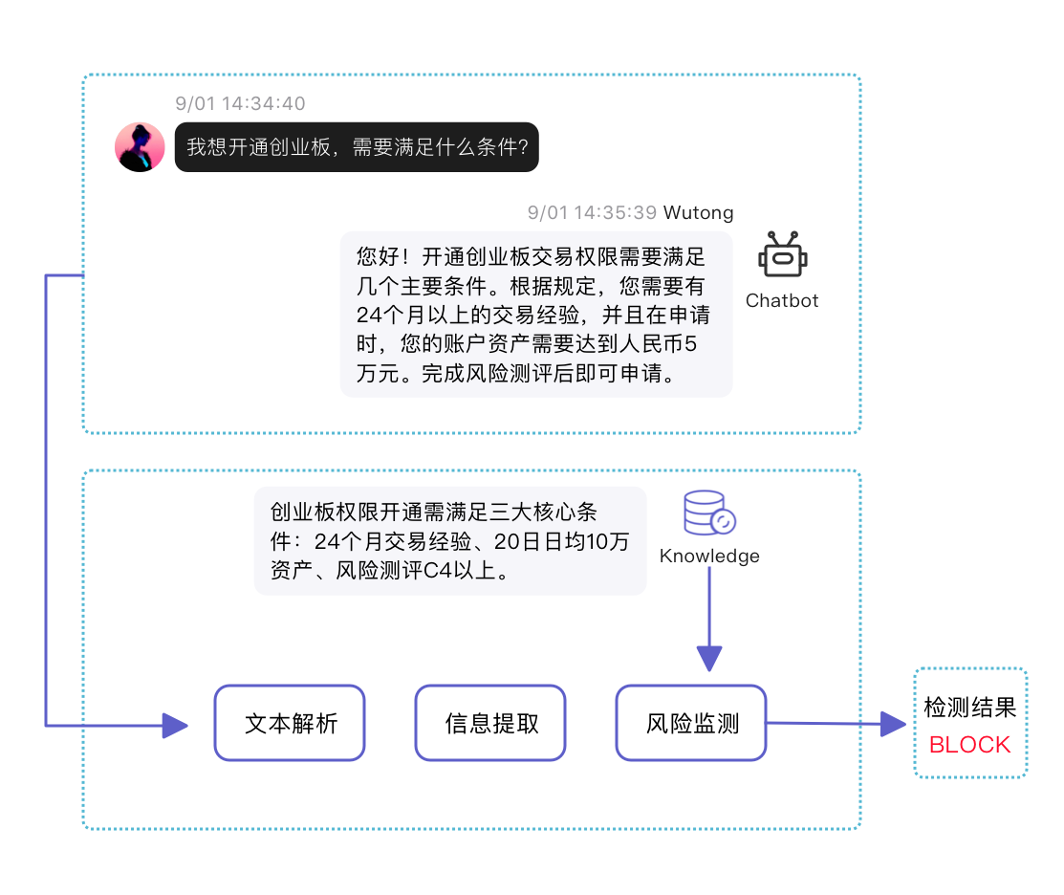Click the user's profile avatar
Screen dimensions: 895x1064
click(141, 147)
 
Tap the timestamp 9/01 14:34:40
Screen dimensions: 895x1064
click(241, 103)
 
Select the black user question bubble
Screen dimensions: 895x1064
click(357, 147)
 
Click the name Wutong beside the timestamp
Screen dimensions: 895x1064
click(699, 212)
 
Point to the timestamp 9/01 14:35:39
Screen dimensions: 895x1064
click(592, 212)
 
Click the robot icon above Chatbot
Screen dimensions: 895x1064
click(783, 256)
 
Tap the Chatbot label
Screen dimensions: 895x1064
click(782, 300)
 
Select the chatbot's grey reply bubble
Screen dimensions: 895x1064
click(536, 315)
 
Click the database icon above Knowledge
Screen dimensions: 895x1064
click(710, 514)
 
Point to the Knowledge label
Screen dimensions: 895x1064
click(709, 556)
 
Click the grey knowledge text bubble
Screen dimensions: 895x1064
click(449, 542)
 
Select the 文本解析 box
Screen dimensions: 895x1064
click(290, 723)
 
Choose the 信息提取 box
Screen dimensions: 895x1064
click(490, 723)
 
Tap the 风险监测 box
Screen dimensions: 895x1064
click(691, 723)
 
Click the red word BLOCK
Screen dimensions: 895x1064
click(969, 745)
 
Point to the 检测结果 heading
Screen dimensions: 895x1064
click(969, 708)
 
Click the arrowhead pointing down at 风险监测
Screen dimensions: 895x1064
click(709, 658)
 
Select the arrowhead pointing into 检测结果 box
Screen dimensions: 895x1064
click(893, 724)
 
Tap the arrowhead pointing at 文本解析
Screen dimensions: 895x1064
click(175, 726)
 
